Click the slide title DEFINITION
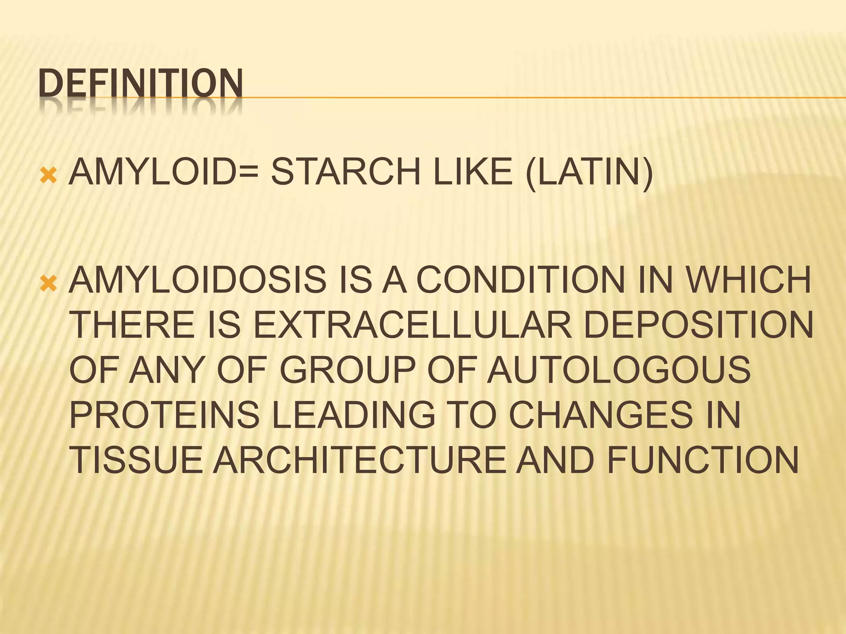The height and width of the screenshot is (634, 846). tap(140, 84)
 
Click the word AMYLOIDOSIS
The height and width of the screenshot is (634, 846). tap(197, 279)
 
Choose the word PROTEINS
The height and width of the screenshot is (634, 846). tap(165, 414)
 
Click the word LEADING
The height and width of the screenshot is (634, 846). tap(354, 414)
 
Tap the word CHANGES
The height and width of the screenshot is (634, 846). tap(603, 414)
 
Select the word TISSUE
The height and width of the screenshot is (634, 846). tap(137, 459)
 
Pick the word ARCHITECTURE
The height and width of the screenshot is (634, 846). tap(359, 459)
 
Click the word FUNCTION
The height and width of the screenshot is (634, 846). tap(703, 459)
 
